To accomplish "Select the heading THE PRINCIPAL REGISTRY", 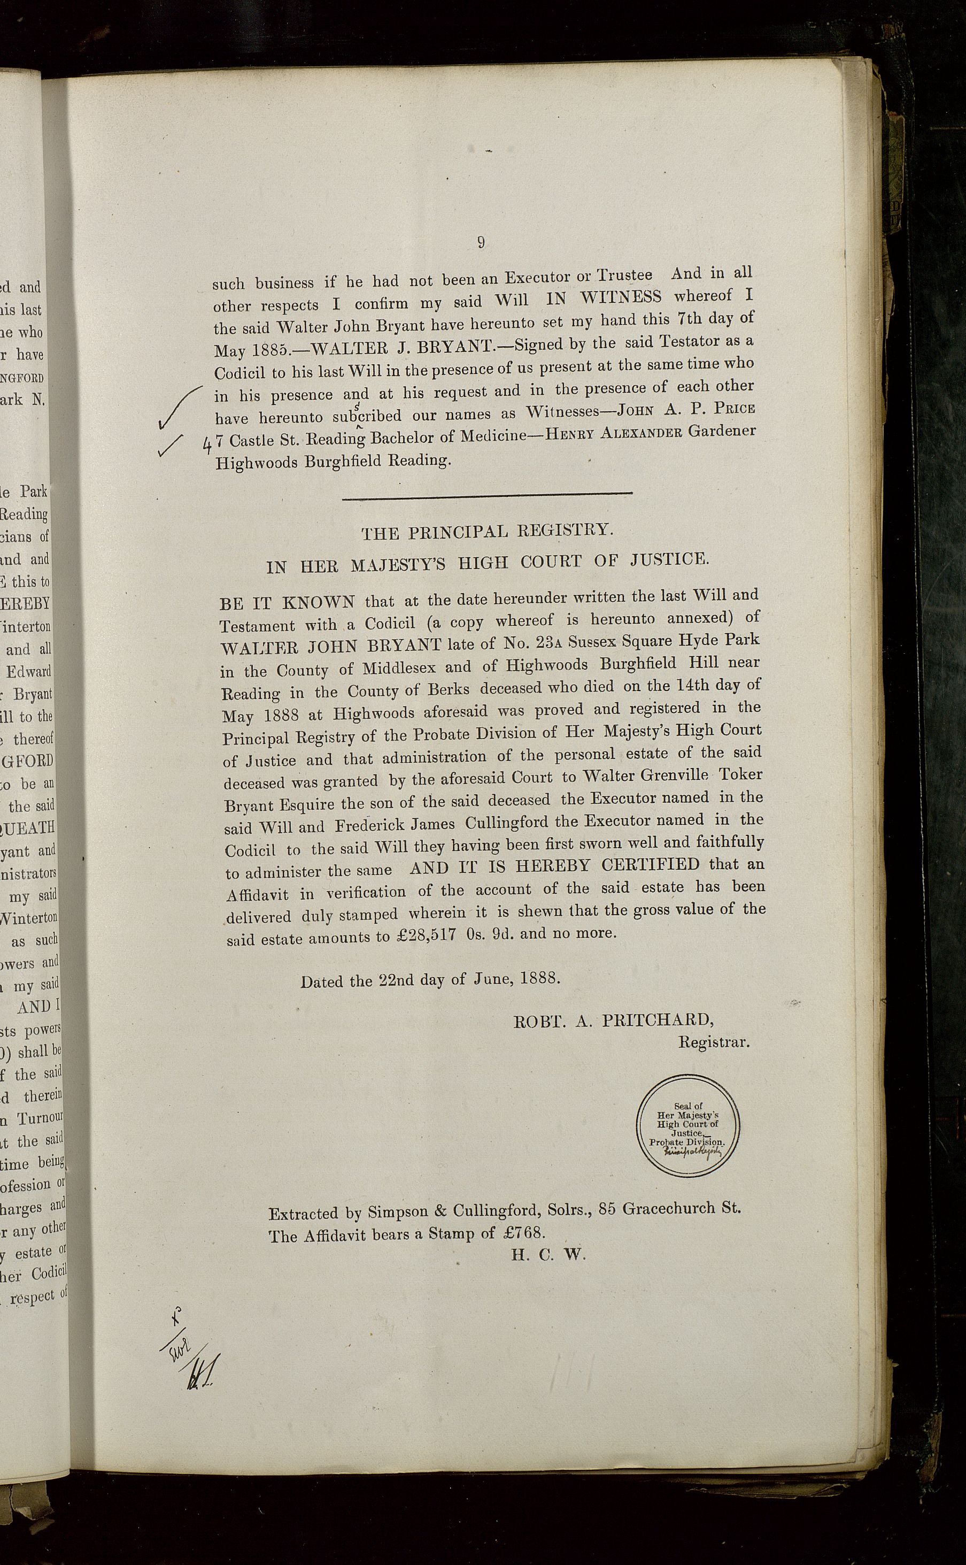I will [x=487, y=532].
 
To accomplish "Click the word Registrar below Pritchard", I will [x=713, y=1042].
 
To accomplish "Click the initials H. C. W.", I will [x=548, y=1254].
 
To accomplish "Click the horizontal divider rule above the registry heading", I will [x=487, y=493].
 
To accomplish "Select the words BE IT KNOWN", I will [x=287, y=603].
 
